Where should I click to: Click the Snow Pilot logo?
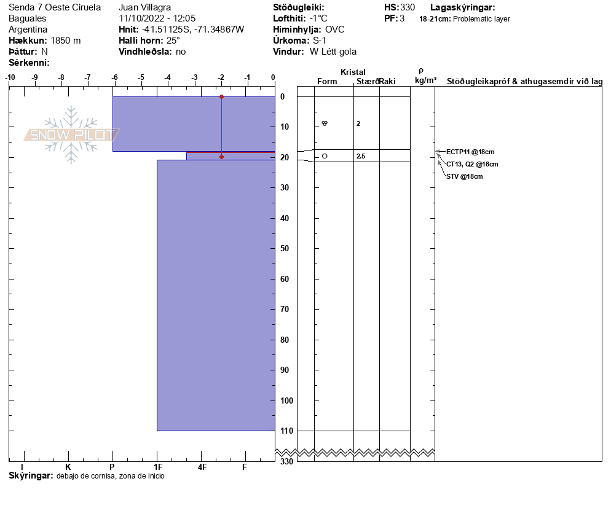(71, 135)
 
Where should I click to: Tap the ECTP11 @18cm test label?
(470, 152)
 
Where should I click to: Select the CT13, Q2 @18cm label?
(472, 164)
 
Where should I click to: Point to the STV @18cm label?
(464, 176)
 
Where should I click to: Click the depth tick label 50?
(284, 249)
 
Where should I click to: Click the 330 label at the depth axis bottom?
(286, 461)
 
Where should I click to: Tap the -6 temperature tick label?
(114, 77)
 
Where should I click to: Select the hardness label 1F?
(157, 467)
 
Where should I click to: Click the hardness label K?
(68, 467)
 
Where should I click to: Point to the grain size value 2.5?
(361, 157)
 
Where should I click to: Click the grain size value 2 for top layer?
(358, 123)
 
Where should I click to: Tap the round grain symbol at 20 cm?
(325, 156)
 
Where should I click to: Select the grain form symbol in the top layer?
(325, 123)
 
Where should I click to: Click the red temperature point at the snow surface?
(222, 97)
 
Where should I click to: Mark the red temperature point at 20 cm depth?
(221, 157)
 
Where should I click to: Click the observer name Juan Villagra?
(144, 7)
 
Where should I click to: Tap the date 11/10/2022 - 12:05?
(157, 18)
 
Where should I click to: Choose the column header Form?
(327, 82)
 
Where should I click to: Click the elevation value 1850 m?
(66, 41)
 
